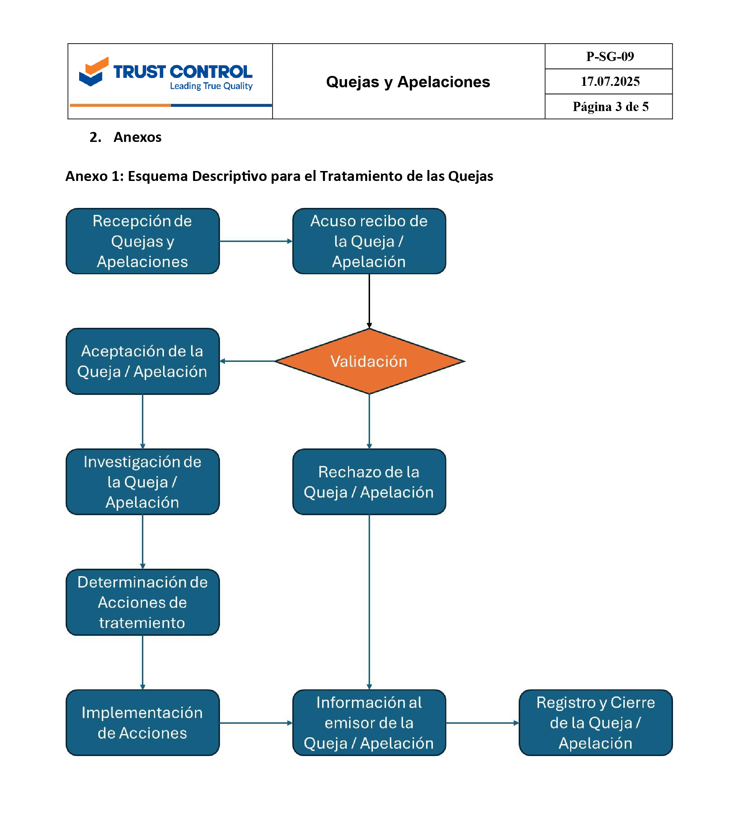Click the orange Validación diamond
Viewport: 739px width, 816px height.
pyautogui.click(x=369, y=361)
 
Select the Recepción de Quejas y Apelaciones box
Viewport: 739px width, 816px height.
pyautogui.click(x=143, y=241)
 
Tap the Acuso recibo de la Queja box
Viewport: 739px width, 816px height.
pyautogui.click(x=369, y=241)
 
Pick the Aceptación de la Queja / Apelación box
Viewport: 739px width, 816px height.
pyautogui.click(x=143, y=361)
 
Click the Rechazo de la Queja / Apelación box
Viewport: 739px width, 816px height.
pyautogui.click(x=369, y=482)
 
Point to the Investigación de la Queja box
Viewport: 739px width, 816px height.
pyautogui.click(x=143, y=482)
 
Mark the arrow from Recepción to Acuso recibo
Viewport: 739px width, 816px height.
pyautogui.click(x=256, y=241)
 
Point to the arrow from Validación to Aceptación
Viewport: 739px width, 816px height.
pyautogui.click(x=248, y=361)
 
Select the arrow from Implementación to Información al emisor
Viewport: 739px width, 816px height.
pyautogui.click(x=256, y=723)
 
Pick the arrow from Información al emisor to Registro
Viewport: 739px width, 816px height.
pyautogui.click(x=482, y=723)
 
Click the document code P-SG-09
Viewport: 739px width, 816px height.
pyautogui.click(x=610, y=56)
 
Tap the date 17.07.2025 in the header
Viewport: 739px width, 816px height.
pyautogui.click(x=610, y=81)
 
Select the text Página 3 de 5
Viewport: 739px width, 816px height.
pyautogui.click(x=610, y=106)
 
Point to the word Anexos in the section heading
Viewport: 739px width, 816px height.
pyautogui.click(x=137, y=137)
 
